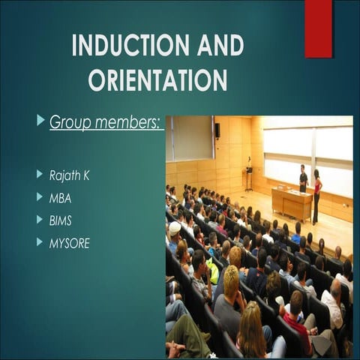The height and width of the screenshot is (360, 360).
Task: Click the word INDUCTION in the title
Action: [125, 46]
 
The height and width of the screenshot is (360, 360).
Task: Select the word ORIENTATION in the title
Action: [157, 79]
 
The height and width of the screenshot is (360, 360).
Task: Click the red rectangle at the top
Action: [318, 28]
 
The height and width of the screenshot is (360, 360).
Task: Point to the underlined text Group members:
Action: [106, 121]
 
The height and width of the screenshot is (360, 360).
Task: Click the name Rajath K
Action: [74, 175]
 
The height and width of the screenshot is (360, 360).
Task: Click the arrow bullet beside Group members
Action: [40, 120]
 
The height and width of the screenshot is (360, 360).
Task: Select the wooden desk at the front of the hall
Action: [291, 203]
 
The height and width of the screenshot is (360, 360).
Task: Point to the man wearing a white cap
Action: [175, 230]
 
